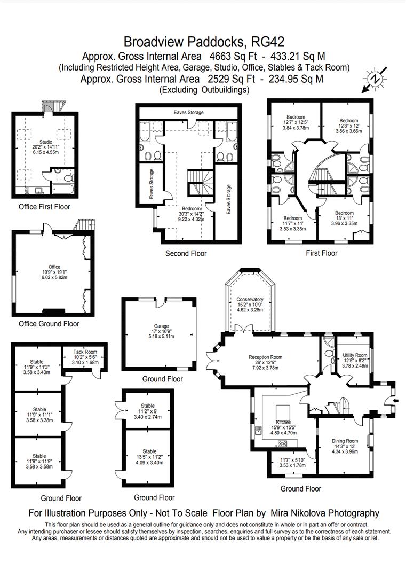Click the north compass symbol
pos(375,79)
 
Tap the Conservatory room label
pos(250,300)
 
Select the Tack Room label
pos(85,352)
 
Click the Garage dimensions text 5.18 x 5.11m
pos(161,337)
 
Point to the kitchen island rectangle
pos(283,410)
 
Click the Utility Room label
pos(355,355)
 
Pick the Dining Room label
pos(345,441)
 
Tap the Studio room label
pos(46,142)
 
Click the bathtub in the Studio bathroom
pos(63,189)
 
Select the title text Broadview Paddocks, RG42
pos(204,42)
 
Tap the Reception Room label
pos(265,357)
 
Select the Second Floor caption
pos(186,254)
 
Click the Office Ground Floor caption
pos(49,324)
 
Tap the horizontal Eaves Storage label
pos(188,112)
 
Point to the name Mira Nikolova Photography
pos(325,513)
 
